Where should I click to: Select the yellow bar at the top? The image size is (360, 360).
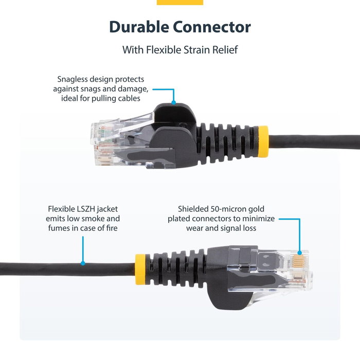(x=179, y=2)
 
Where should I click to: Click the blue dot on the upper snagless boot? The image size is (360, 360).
(x=174, y=102)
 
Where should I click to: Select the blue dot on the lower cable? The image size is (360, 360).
(x=82, y=263)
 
